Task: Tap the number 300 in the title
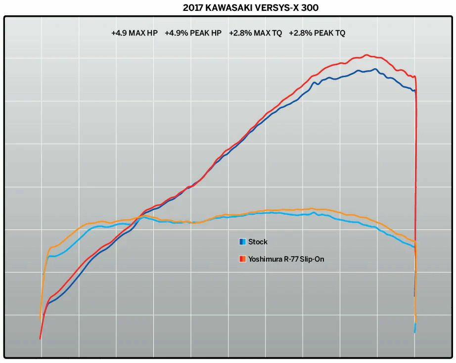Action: [316, 8]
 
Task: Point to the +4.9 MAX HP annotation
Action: [134, 33]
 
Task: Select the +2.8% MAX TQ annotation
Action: [255, 33]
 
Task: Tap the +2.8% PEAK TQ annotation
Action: [317, 33]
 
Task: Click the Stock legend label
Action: [258, 242]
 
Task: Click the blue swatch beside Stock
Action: [242, 242]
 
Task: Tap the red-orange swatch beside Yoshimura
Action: [242, 259]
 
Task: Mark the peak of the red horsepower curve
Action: [366, 55]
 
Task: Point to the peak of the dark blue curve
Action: [375, 69]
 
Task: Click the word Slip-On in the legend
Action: [313, 259]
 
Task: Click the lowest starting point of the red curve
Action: [40, 339]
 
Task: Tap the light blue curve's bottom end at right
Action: [415, 332]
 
